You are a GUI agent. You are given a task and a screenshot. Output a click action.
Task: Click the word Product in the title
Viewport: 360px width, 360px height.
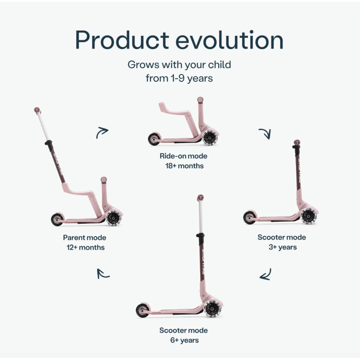(x=122, y=40)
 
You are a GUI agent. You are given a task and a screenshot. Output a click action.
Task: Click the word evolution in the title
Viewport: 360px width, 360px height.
(x=229, y=40)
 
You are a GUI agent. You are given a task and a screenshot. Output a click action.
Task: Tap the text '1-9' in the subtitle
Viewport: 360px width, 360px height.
(x=177, y=78)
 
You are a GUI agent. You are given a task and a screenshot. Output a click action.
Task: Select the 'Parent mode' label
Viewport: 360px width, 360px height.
(x=85, y=238)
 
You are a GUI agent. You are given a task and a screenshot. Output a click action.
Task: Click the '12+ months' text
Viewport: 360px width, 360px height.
(x=85, y=247)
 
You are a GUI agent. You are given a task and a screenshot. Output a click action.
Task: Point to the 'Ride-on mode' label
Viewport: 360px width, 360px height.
(x=184, y=156)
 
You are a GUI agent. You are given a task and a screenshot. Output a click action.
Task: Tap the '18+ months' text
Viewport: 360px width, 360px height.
(x=184, y=166)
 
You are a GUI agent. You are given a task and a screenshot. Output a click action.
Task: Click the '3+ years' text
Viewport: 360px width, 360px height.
(x=283, y=247)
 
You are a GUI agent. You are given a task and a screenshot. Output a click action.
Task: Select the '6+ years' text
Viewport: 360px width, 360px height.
(x=184, y=340)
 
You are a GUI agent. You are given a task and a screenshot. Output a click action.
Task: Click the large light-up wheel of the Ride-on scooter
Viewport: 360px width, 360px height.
(x=210, y=138)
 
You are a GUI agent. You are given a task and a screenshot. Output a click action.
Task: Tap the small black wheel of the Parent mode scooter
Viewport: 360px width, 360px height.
(x=57, y=220)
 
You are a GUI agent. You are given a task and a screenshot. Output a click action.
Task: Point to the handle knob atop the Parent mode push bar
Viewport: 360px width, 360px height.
(x=37, y=110)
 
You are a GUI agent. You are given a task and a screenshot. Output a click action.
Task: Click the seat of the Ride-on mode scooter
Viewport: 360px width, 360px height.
(x=175, y=111)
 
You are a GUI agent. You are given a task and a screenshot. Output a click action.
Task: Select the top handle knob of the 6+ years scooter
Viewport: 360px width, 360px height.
(x=200, y=198)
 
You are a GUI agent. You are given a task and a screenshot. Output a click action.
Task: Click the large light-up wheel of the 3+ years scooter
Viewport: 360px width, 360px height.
(x=308, y=216)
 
